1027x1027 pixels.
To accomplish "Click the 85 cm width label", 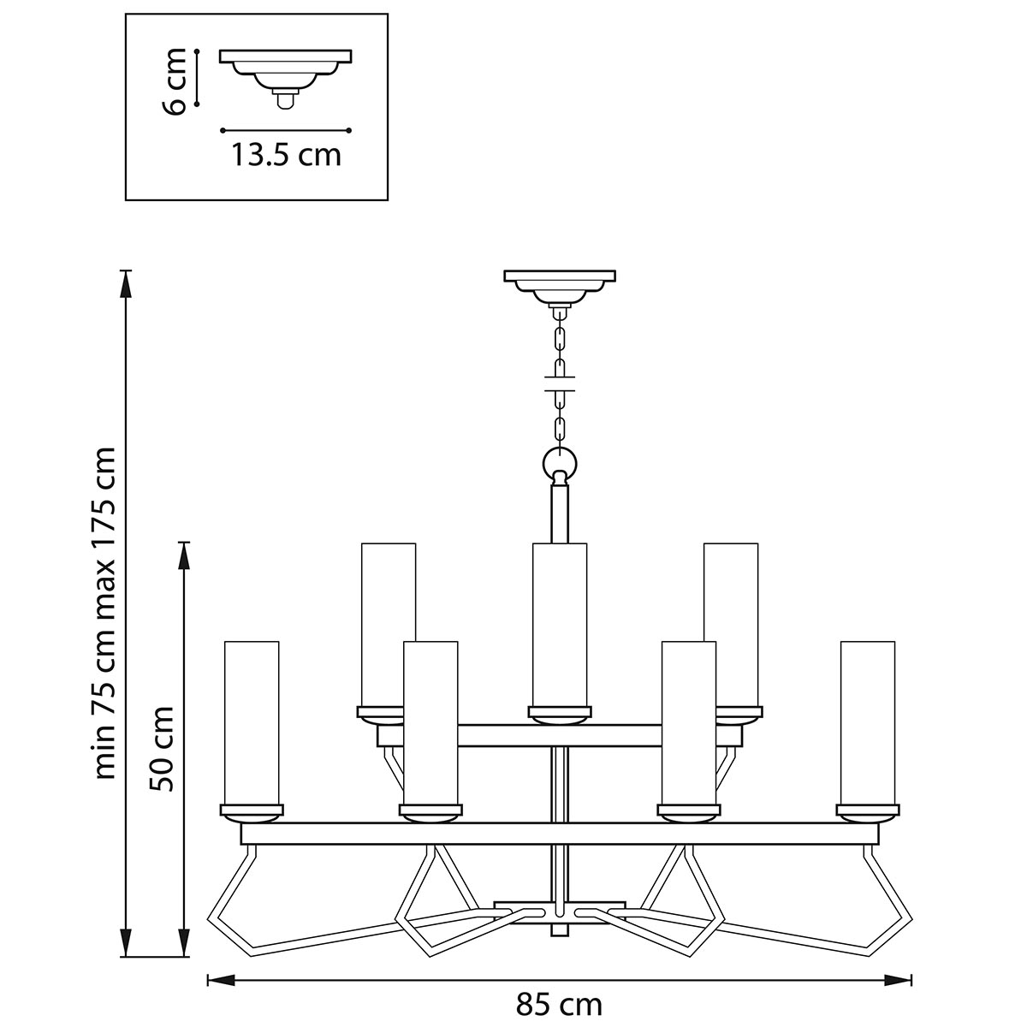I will (559, 1004).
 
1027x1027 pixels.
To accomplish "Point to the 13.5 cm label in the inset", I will (286, 155).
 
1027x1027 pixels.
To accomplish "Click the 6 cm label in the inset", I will (175, 80).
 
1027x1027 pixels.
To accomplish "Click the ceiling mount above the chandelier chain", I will (560, 285).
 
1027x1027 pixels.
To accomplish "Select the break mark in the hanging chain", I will (560, 383).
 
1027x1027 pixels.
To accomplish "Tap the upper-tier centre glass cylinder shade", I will (560, 624).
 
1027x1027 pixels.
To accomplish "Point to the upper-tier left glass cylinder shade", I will (389, 624).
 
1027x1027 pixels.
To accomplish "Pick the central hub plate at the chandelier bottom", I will (560, 911).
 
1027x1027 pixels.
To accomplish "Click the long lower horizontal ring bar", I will (560, 834).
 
